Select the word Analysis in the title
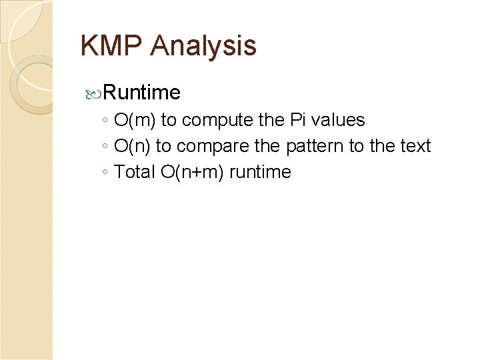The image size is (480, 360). pos(203,46)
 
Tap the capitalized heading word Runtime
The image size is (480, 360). pos(142,91)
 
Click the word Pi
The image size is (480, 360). pos(297,120)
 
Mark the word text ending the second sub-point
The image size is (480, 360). pos(415,146)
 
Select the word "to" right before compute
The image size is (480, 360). pos(169,120)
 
